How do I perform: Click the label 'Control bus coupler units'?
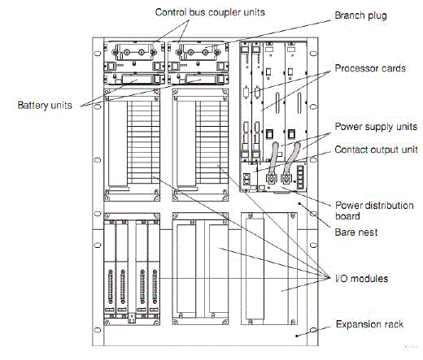tap(210, 12)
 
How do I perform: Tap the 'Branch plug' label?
tap(360, 15)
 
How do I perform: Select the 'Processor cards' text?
tap(370, 68)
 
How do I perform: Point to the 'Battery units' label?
tap(45, 106)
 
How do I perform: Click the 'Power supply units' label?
tap(376, 127)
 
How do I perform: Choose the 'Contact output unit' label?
tap(377, 150)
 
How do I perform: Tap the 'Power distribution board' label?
tap(374, 210)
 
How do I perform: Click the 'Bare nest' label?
tap(356, 232)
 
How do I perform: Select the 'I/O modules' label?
tap(362, 279)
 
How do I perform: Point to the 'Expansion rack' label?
tap(369, 324)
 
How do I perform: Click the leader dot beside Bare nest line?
tap(299, 203)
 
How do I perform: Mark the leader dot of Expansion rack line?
tap(297, 336)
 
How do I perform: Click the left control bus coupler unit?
tap(134, 57)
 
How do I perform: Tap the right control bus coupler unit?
tap(198, 57)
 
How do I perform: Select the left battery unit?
tap(134, 79)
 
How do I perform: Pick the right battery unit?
tap(198, 79)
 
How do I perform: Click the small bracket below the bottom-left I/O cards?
tap(132, 318)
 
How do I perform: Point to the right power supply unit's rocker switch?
tap(291, 134)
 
